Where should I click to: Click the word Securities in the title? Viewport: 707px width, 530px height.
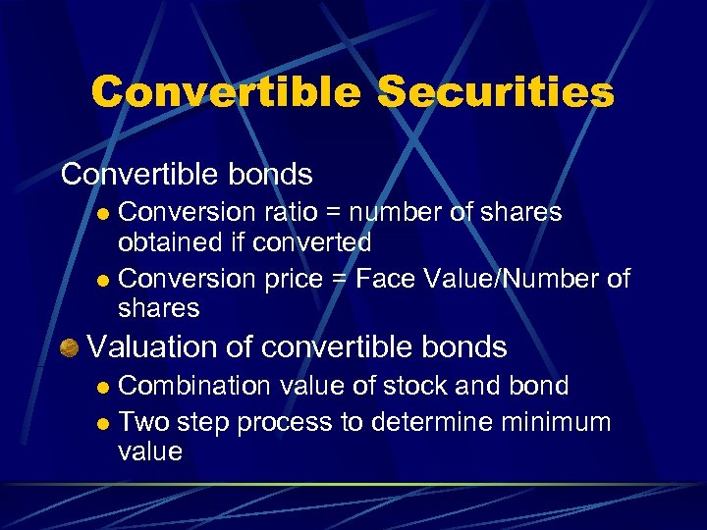[495, 93]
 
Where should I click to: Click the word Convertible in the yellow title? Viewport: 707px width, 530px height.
[225, 93]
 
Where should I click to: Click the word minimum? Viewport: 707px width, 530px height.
[559, 423]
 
